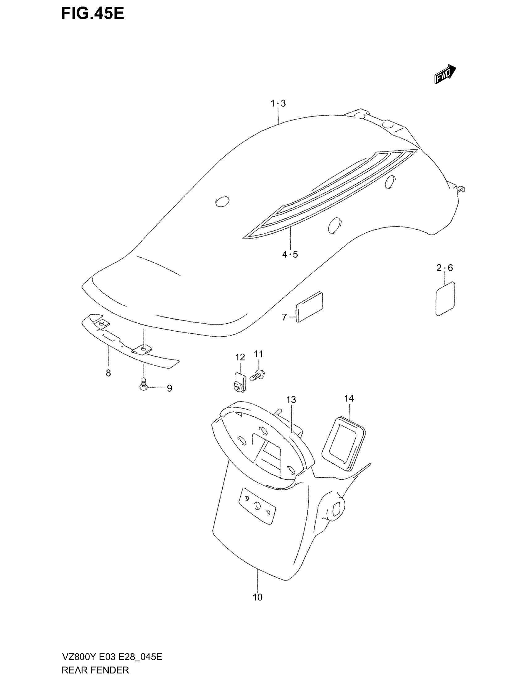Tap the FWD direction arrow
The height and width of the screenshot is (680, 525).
(445, 74)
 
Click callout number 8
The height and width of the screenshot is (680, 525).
(108, 373)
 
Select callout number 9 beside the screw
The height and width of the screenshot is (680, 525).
(170, 388)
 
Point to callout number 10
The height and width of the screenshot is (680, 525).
(258, 597)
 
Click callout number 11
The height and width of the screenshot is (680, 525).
(258, 354)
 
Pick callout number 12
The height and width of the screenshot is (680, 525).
(240, 357)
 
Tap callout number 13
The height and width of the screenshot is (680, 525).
(291, 399)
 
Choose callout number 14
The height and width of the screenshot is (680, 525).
(349, 398)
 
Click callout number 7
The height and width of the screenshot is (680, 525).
(284, 317)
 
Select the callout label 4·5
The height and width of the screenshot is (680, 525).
(290, 254)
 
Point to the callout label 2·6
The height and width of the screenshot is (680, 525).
(445, 268)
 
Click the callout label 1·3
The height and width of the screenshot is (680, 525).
(278, 103)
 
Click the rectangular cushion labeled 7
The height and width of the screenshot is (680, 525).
(309, 307)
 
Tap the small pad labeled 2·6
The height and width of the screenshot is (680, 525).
(445, 299)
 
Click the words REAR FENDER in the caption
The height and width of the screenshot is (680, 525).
(95, 670)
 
